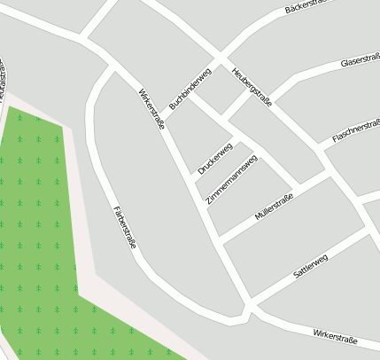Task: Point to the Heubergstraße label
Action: coord(251,87)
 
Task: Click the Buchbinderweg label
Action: coord(190,89)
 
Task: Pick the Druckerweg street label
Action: coord(215,157)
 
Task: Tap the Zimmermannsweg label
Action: coord(232,180)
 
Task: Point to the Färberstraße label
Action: coord(125,226)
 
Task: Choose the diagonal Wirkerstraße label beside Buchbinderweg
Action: coord(151,108)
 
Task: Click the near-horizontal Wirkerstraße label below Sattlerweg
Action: coord(335,335)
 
